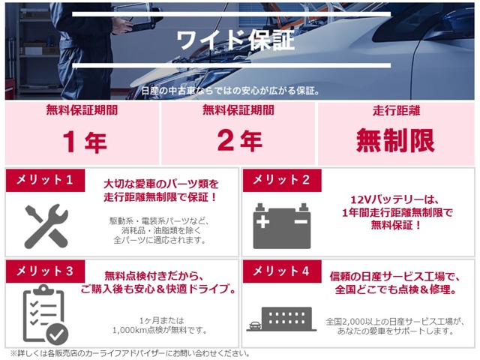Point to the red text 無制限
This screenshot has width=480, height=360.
pos(395,139)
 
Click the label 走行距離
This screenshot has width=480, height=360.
pos(395,111)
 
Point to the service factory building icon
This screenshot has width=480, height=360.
pos(281,319)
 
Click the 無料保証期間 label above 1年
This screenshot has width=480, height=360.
pos(85,111)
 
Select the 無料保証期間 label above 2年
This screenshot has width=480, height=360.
pos(239,111)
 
